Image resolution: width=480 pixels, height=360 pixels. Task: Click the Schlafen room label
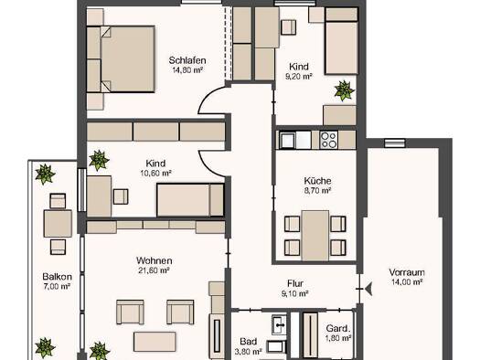click(187, 60)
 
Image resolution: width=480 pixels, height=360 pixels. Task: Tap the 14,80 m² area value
click(187, 70)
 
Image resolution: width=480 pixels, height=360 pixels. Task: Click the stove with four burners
click(328, 140)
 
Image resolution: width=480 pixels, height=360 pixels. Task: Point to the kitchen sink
click(287, 141)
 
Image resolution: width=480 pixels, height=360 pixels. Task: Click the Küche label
click(317, 181)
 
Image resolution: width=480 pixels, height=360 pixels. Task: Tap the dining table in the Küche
click(315, 235)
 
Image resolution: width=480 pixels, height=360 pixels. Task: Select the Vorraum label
click(407, 272)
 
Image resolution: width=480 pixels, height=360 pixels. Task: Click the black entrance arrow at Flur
click(368, 289)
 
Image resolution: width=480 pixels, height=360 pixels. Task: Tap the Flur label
click(295, 283)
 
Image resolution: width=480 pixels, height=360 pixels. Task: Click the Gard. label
click(337, 329)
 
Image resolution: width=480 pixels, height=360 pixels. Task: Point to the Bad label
click(249, 342)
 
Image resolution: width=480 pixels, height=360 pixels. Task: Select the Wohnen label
click(154, 260)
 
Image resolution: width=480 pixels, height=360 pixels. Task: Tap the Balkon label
click(58, 277)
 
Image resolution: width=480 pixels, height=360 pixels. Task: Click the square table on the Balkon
click(58, 224)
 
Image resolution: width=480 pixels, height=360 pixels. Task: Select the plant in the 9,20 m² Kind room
click(345, 90)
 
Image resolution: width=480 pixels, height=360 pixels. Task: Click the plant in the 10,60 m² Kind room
click(99, 160)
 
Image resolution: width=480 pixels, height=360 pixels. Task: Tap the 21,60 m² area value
click(155, 270)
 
